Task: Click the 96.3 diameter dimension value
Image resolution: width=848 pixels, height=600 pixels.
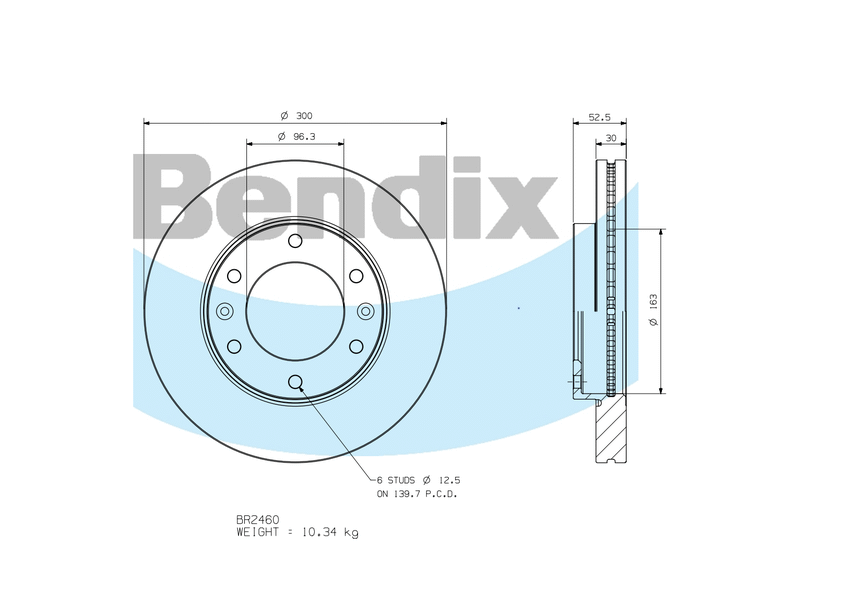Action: coord(297,136)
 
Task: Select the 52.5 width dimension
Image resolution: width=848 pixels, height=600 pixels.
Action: coord(599,116)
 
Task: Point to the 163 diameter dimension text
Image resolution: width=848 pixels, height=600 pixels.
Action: coord(653,310)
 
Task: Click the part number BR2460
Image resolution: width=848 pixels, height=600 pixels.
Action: coord(257,519)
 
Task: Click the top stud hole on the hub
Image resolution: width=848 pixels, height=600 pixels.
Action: coord(295,241)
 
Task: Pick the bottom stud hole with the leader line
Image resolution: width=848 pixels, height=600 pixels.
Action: coord(295,381)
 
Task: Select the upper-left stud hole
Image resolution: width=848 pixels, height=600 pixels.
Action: coord(234,276)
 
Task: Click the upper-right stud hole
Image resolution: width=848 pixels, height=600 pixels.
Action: coord(356,276)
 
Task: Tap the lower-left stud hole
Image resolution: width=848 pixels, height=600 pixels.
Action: coord(234,346)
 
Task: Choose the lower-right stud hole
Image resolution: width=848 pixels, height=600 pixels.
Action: coord(356,346)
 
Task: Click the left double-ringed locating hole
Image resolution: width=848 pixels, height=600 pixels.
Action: coord(224,311)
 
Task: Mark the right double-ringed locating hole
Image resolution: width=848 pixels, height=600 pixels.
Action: coord(366,311)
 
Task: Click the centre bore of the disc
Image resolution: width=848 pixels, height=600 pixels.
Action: coord(295,311)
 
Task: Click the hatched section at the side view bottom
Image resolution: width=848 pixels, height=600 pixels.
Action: coord(610,430)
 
